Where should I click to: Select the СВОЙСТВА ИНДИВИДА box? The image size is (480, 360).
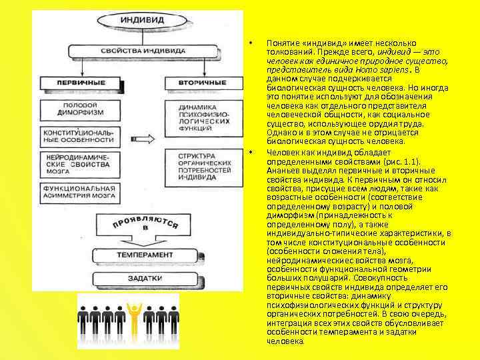(x=138, y=51)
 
